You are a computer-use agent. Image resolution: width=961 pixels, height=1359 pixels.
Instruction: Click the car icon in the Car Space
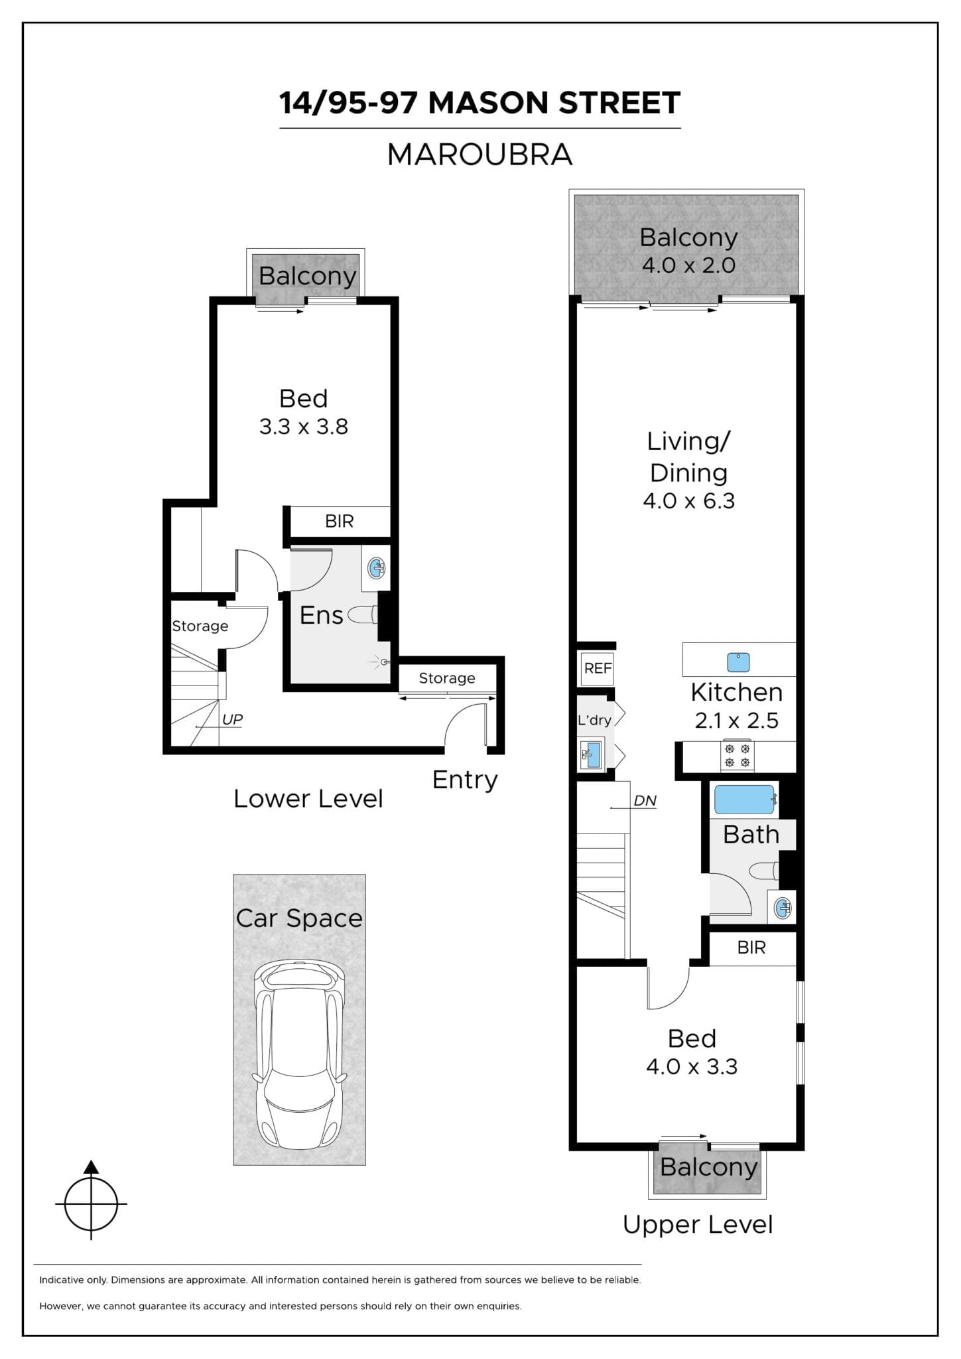[299, 1054]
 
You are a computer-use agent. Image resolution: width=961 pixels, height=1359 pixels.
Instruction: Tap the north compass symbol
[91, 1203]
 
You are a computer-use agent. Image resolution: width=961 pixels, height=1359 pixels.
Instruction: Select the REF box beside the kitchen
[598, 668]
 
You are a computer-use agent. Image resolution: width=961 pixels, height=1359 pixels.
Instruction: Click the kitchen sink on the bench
[738, 662]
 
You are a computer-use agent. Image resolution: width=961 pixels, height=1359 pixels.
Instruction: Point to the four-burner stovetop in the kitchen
[737, 756]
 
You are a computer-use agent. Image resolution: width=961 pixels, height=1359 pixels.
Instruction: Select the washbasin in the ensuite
[377, 568]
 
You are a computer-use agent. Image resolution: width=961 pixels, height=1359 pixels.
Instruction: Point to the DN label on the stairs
[645, 800]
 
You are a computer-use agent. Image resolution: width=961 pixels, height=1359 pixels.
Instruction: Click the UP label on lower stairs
[232, 719]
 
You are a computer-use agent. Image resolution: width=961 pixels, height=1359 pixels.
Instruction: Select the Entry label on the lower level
[465, 780]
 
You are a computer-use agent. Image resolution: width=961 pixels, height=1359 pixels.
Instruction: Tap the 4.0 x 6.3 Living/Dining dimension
[688, 501]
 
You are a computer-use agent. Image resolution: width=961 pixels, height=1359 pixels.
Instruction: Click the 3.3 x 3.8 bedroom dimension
[303, 427]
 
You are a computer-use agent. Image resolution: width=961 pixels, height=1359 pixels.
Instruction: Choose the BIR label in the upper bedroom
[751, 948]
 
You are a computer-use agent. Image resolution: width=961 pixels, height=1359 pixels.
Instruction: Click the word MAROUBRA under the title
[480, 155]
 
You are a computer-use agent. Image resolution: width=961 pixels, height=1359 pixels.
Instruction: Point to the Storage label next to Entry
[447, 678]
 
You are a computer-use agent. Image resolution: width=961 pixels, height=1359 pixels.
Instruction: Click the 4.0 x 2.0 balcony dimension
[688, 265]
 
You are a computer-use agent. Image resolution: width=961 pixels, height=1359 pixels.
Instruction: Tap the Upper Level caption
[697, 1224]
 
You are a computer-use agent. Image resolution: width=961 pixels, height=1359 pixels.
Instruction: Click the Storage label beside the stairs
[200, 626]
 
